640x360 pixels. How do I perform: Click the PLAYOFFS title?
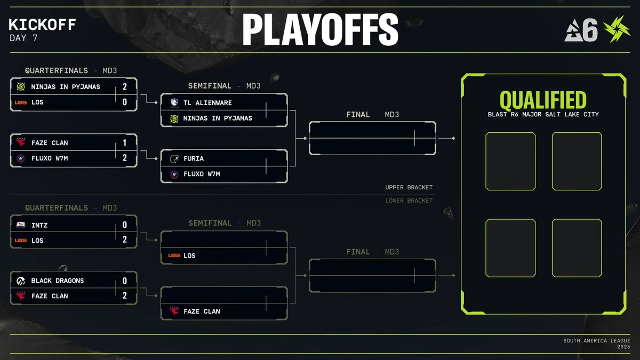tap(320, 30)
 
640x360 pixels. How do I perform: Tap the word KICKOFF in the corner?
tap(43, 25)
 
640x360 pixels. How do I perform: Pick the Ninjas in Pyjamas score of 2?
tap(125, 86)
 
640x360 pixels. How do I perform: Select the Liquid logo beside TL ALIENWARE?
tap(174, 102)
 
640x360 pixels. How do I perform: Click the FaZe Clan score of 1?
tap(125, 142)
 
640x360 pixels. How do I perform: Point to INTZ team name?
tap(39, 225)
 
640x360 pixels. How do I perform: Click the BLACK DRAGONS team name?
tap(58, 281)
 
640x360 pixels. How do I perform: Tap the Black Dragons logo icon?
tap(21, 281)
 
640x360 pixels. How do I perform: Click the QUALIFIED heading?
tap(543, 100)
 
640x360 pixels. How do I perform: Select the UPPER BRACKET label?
tap(409, 188)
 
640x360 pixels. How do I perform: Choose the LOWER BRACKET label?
tap(409, 201)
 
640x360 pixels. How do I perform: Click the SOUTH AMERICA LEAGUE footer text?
tap(596, 341)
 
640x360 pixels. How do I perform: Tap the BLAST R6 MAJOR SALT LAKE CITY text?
tap(543, 115)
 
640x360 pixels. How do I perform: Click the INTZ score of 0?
tap(125, 225)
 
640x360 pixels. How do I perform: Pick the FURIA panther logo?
tap(174, 158)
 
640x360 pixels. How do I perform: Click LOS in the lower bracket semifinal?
tap(189, 255)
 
